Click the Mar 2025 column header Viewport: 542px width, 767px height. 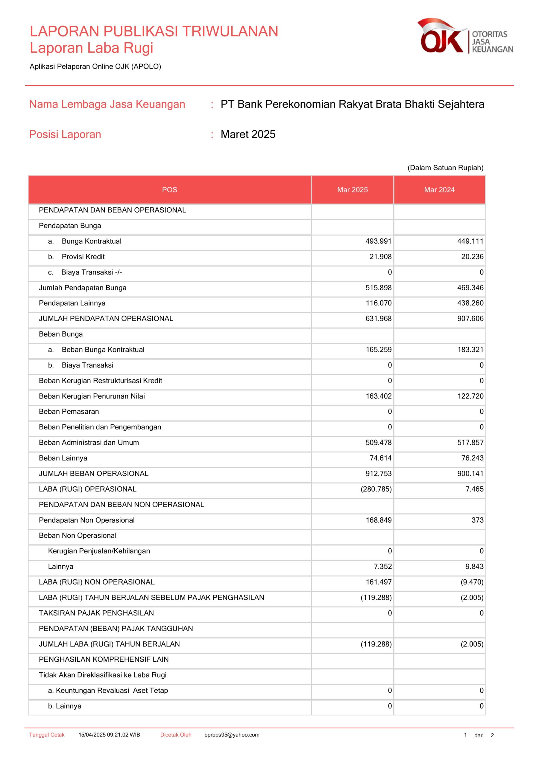click(x=353, y=190)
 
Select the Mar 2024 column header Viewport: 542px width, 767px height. click(x=439, y=190)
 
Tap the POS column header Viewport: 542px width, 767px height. click(x=169, y=190)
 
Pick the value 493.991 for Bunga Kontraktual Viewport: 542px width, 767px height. click(x=379, y=241)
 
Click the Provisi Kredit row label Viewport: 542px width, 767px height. click(x=83, y=256)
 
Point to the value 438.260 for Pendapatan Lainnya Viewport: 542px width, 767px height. click(x=470, y=303)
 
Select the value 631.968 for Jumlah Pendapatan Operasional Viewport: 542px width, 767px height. click(x=379, y=318)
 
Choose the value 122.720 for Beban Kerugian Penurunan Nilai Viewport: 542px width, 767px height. click(x=470, y=396)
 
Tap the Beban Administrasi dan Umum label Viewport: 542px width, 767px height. click(x=89, y=443)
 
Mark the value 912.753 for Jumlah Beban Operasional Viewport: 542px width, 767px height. click(x=379, y=473)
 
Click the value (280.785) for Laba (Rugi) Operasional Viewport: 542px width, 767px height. click(x=376, y=489)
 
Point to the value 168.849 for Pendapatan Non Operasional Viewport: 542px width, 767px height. click(x=379, y=520)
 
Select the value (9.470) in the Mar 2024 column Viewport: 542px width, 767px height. click(x=472, y=582)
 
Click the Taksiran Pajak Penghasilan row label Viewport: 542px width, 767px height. click(x=96, y=613)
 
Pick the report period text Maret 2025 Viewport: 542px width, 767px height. click(x=248, y=134)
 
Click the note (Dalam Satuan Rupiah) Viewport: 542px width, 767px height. click(x=445, y=168)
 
